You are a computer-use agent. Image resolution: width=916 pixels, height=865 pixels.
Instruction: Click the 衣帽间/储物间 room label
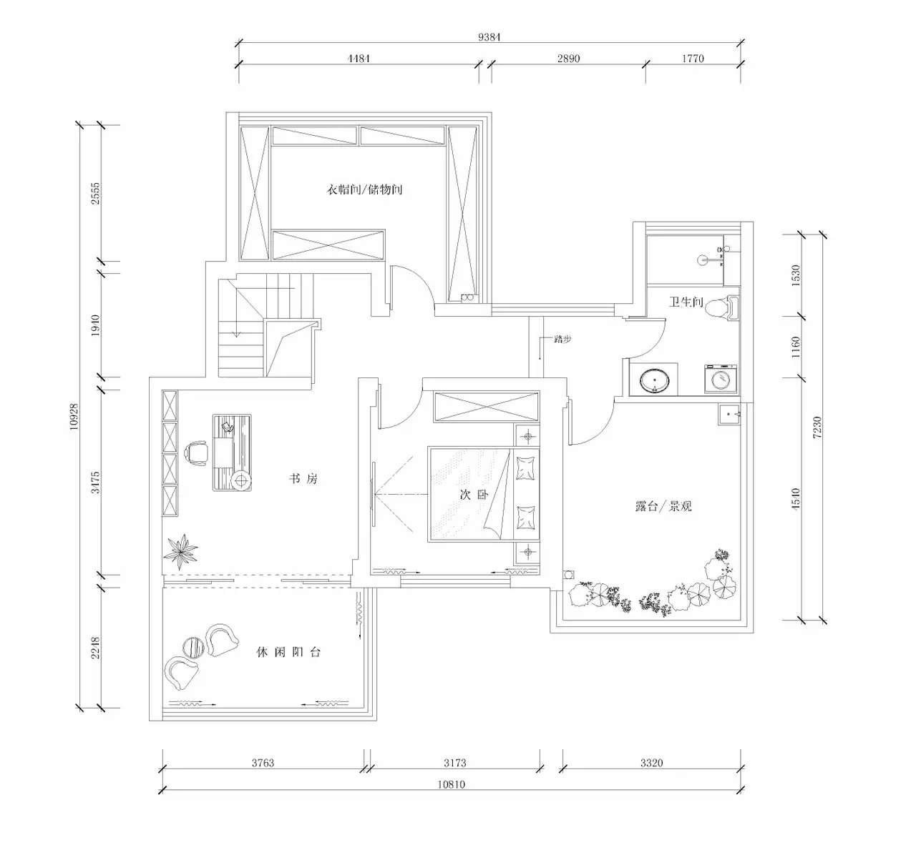click(365, 190)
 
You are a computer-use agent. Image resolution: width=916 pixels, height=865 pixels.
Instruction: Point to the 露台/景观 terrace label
click(663, 506)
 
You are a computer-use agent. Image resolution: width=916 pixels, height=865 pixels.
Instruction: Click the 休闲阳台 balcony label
click(288, 652)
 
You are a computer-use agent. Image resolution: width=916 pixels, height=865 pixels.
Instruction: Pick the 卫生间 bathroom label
click(686, 302)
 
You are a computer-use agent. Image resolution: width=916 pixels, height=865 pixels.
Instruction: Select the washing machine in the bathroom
click(721, 379)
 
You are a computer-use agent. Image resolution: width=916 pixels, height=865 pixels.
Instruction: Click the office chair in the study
click(196, 453)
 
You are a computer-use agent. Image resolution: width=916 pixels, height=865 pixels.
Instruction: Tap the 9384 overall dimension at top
click(489, 38)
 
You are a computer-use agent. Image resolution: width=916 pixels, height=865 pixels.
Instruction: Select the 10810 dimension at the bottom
click(451, 784)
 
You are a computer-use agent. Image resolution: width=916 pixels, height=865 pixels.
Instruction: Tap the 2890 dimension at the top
click(568, 59)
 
